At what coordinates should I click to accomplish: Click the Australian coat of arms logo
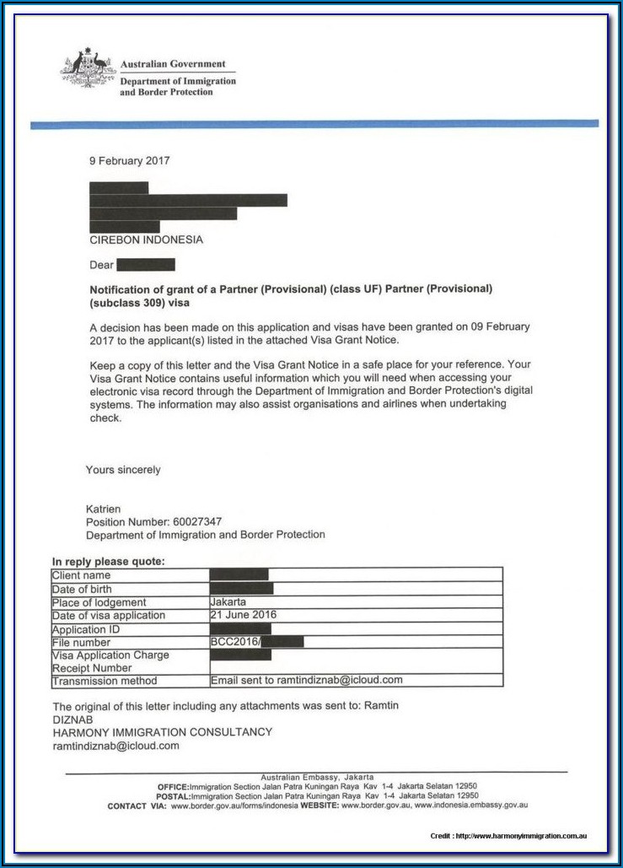(x=88, y=72)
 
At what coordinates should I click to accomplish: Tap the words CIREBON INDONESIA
(x=146, y=240)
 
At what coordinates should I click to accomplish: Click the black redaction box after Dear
(x=147, y=265)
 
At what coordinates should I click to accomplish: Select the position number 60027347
(x=196, y=522)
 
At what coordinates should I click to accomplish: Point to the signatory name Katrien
(x=104, y=509)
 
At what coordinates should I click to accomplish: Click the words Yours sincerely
(x=123, y=470)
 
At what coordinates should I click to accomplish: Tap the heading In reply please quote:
(x=109, y=561)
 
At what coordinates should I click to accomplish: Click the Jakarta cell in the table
(x=228, y=602)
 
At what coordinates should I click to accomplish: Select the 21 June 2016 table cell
(x=244, y=615)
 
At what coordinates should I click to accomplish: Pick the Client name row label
(x=82, y=575)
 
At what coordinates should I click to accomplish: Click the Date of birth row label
(x=82, y=589)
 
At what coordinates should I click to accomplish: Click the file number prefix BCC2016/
(x=235, y=642)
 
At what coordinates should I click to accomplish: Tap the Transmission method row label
(x=105, y=681)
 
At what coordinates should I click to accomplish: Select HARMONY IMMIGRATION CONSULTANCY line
(x=163, y=732)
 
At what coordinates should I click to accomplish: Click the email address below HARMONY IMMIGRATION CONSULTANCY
(x=115, y=746)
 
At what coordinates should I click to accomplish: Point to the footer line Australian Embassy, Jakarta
(x=317, y=777)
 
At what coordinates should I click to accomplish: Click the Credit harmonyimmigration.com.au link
(x=508, y=835)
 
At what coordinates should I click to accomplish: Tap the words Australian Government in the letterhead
(x=173, y=64)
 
